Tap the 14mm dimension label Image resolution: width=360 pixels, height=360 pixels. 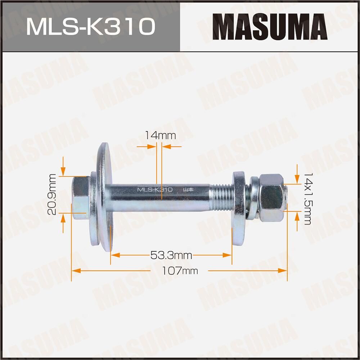(x=160, y=136)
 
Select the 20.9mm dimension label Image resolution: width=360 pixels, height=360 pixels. (x=53, y=194)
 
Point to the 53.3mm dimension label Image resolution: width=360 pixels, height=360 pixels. (x=171, y=256)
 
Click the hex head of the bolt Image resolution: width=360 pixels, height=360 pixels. (x=80, y=198)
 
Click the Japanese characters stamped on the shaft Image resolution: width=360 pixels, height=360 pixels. (x=188, y=190)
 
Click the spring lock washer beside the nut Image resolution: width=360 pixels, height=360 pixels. (x=254, y=198)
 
